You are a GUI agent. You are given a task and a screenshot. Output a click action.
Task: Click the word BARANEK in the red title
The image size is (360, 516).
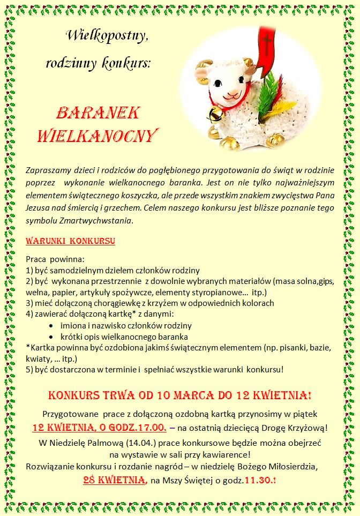click(98, 113)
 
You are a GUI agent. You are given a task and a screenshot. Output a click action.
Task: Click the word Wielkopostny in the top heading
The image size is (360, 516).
click(107, 36)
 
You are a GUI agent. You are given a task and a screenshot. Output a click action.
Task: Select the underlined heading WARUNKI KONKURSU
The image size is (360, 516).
click(70, 241)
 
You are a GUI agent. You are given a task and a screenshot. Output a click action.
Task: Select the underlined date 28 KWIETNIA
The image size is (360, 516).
click(115, 480)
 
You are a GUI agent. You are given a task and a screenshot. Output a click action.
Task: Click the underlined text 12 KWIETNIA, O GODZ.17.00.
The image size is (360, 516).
click(100, 428)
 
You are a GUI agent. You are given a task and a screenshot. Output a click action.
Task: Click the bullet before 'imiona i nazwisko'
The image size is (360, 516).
click(50, 326)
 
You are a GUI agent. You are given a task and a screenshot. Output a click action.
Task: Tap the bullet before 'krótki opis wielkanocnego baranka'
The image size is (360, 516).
click(50, 337)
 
